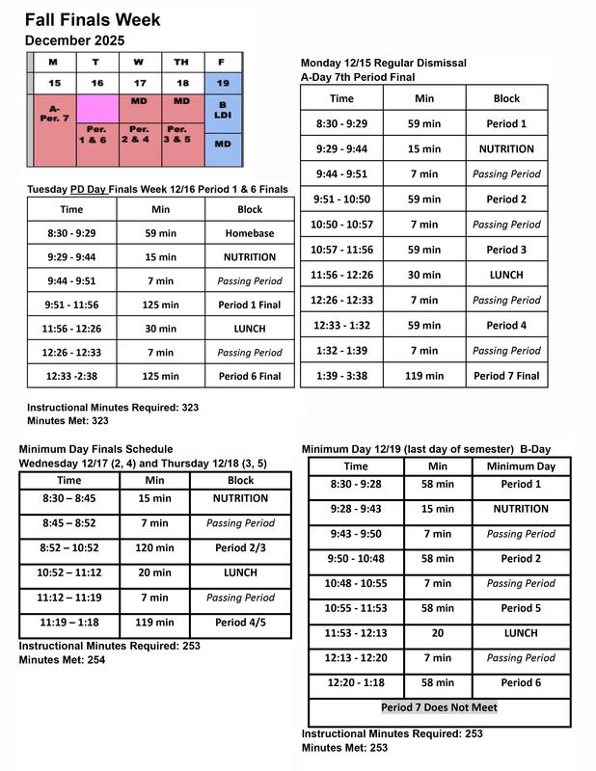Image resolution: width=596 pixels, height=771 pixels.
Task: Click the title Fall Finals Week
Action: (93, 19)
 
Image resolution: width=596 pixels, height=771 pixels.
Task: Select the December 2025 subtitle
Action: (74, 40)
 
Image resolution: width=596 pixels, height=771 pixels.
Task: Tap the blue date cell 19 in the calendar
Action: (224, 84)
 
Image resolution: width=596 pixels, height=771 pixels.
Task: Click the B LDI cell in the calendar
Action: (224, 111)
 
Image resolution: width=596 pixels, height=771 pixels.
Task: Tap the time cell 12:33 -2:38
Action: (71, 376)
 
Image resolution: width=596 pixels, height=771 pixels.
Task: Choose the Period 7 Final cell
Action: (506, 375)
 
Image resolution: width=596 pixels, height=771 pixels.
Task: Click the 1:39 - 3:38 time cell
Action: (341, 375)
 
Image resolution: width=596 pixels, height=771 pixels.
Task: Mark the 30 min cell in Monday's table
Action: (424, 275)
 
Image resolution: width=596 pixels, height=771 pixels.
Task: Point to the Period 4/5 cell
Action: (240, 623)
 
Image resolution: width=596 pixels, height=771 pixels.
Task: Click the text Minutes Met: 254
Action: (62, 660)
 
